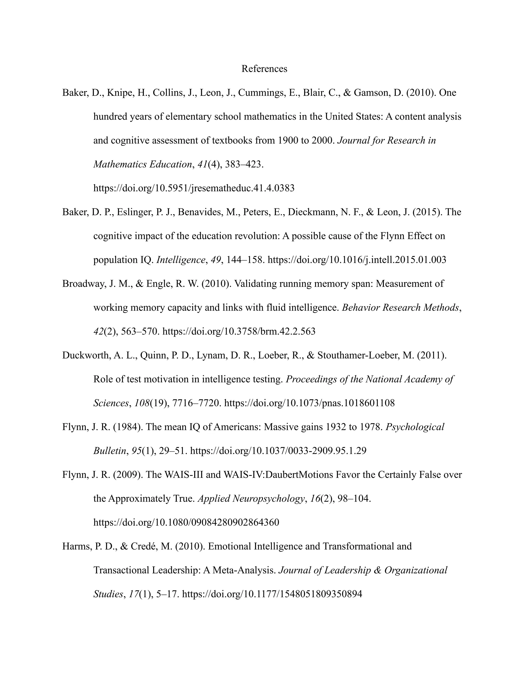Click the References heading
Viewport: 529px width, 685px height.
pyautogui.click(x=264, y=69)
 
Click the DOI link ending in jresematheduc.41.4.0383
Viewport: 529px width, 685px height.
pyautogui.click(x=194, y=188)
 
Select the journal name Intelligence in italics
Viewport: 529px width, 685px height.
pyautogui.click(x=181, y=260)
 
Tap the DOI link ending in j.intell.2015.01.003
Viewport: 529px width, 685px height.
pyautogui.click(x=357, y=260)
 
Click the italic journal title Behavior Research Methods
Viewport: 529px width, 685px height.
pyautogui.click(x=401, y=307)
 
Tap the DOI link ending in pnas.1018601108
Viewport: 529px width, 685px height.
pyautogui.click(x=309, y=403)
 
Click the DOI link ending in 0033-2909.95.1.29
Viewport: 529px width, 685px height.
pyautogui.click(x=278, y=451)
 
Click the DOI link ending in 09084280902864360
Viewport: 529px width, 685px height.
pyautogui.click(x=186, y=522)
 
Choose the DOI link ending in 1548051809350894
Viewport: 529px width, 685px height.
pyautogui.click(x=272, y=594)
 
